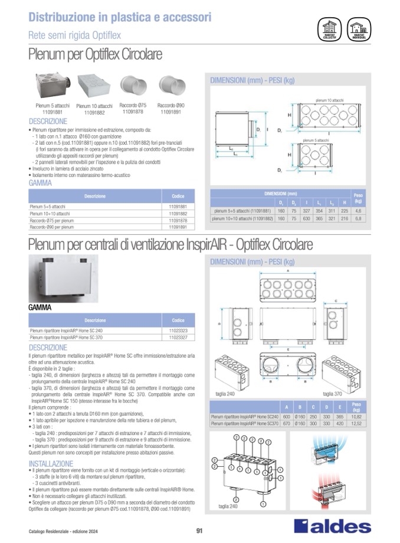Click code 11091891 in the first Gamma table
[x=178, y=227]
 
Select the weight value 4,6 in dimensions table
[x=358, y=210]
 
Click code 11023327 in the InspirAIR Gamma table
[x=178, y=338]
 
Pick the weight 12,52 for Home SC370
[x=357, y=424]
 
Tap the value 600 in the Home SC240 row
[x=286, y=417]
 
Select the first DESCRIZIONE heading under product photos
[x=48, y=121]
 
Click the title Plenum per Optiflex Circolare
[x=95, y=55]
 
